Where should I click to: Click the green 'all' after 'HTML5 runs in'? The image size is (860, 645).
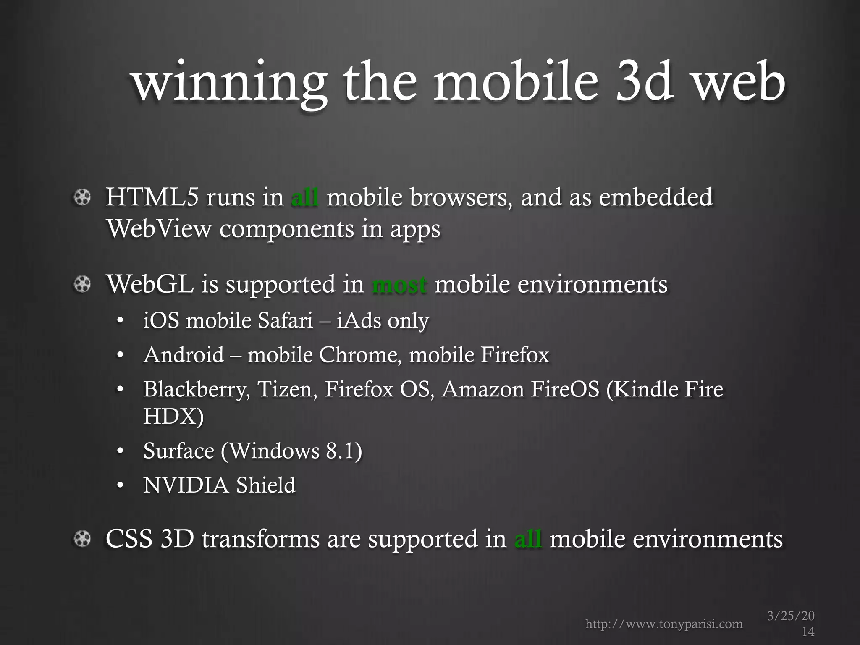304,197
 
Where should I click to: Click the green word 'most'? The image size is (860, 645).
399,284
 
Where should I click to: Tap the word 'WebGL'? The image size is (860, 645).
150,284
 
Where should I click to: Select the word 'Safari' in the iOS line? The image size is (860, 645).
286,321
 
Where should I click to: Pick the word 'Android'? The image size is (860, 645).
184,355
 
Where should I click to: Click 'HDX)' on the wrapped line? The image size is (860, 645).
173,416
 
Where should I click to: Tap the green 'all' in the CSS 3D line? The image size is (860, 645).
528,539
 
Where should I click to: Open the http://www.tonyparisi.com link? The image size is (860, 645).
664,624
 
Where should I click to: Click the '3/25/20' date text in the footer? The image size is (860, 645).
791,616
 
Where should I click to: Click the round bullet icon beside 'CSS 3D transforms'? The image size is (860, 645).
82,539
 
